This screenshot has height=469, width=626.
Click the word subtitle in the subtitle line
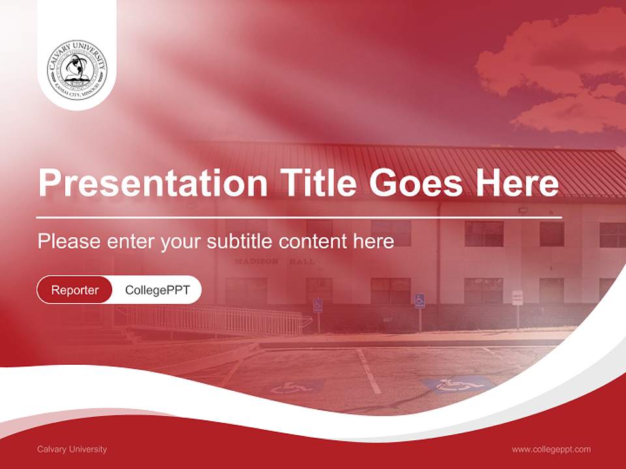pos(240,242)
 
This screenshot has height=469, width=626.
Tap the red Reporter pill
pos(75,290)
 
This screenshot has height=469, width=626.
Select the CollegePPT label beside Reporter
pos(157,290)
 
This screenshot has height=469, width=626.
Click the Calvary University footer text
pos(72,449)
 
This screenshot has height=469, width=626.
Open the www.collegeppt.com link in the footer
pos(551,449)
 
